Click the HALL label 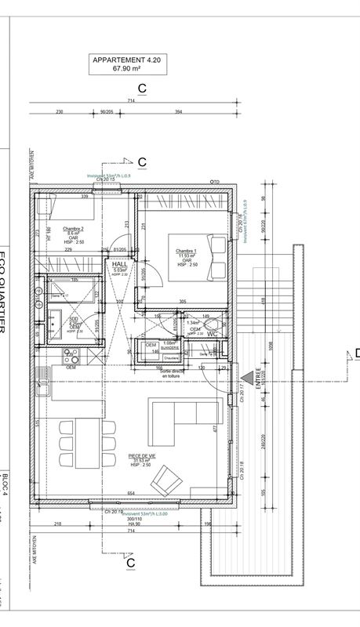tap(118, 265)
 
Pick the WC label tap(212, 334)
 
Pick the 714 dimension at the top tap(131, 100)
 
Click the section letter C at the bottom tap(130, 562)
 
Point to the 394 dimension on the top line tap(179, 112)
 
